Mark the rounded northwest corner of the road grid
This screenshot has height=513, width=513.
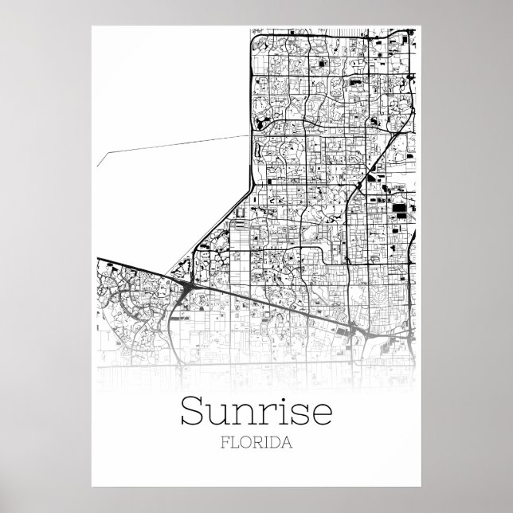(254, 37)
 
